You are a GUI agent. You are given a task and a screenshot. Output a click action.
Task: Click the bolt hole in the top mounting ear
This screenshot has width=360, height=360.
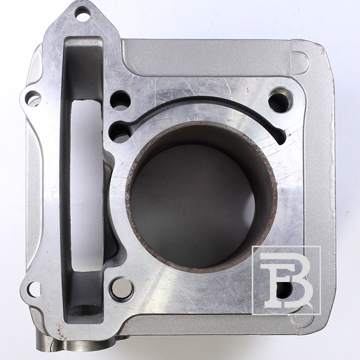[82, 14]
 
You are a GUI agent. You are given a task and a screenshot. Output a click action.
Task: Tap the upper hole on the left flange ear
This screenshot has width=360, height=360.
[33, 98]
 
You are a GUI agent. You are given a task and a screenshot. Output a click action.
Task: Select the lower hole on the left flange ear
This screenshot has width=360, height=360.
[34, 290]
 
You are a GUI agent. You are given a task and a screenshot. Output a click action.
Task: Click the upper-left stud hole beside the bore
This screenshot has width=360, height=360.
[120, 101]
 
